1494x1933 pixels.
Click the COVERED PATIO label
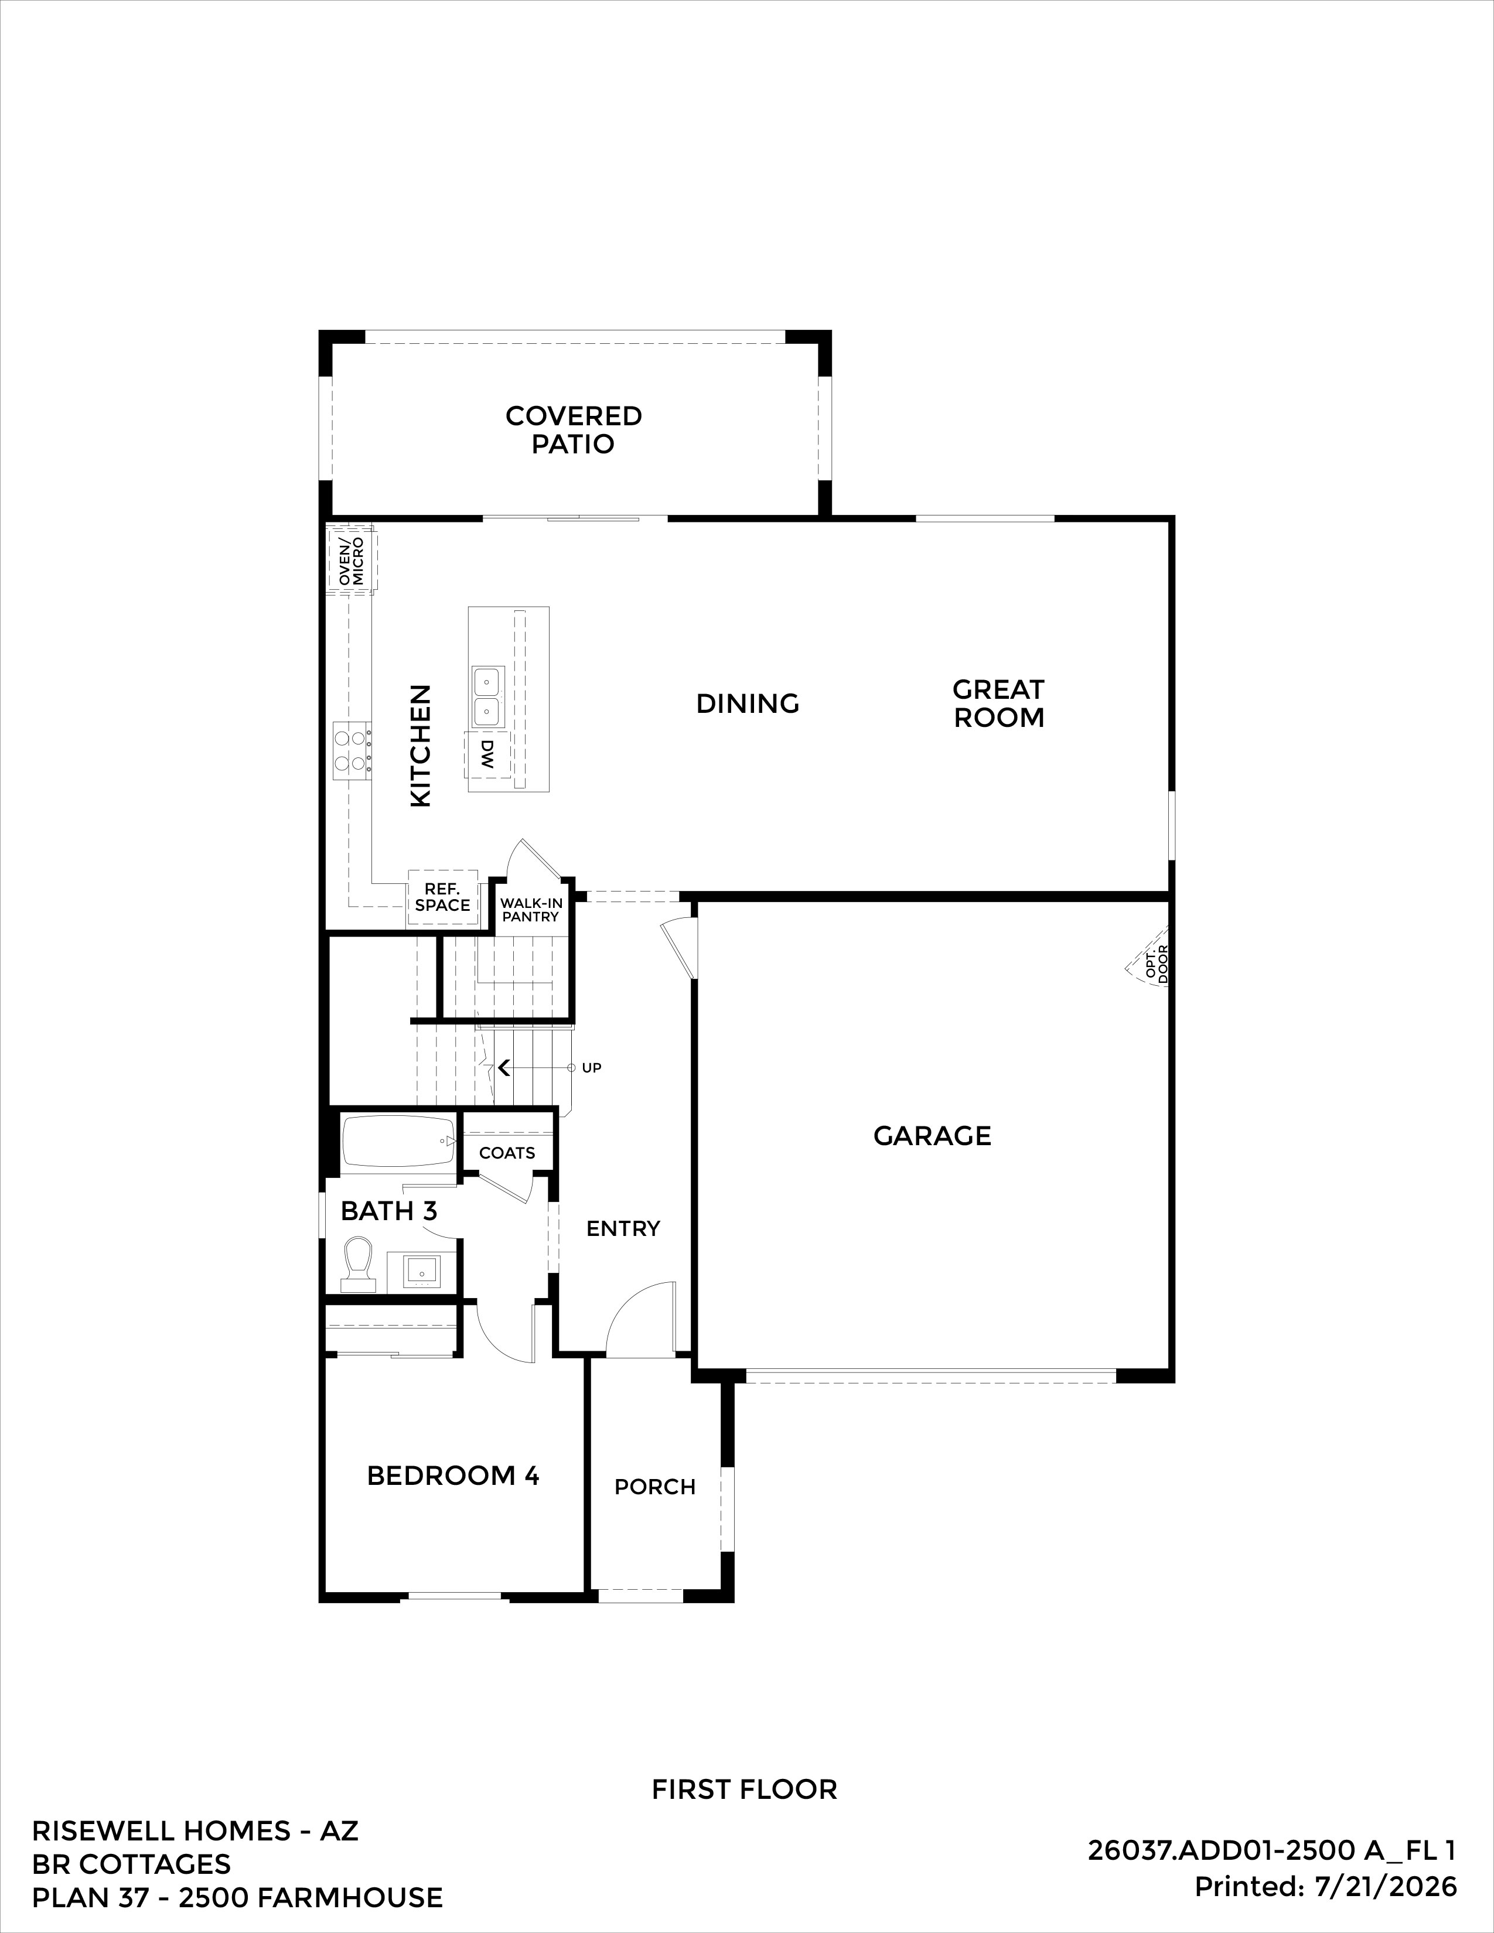coord(574,429)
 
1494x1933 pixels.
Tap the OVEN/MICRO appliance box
coord(352,560)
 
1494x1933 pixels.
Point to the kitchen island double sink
coord(487,696)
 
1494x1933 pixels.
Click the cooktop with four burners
coord(352,752)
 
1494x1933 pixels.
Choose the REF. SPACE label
coord(442,897)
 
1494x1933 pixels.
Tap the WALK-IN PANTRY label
coord(531,910)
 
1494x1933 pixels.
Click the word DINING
coord(748,703)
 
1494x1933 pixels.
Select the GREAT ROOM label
coord(998,703)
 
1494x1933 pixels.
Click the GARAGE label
coord(932,1136)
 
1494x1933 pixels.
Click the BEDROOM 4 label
coord(453,1476)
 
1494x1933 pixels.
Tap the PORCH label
coord(655,1487)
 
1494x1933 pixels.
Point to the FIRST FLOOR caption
coord(744,1789)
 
